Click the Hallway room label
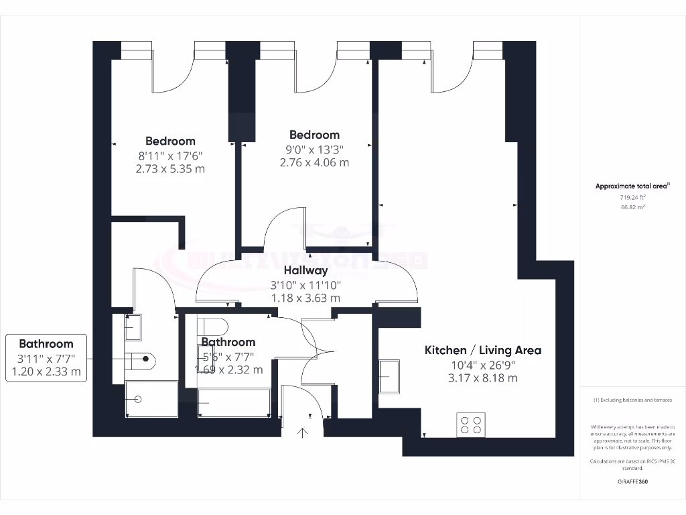[x=305, y=271]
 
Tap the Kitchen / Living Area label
[x=483, y=350]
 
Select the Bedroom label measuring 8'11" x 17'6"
[x=170, y=141]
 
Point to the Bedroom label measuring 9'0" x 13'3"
[x=314, y=135]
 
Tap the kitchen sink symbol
[x=389, y=376]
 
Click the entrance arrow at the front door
[x=302, y=433]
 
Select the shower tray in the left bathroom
[x=151, y=400]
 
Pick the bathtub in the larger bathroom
[x=234, y=402]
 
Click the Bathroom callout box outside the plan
[x=46, y=358]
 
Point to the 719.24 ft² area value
[x=632, y=198]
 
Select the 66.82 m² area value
[x=632, y=208]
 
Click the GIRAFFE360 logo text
[x=632, y=481]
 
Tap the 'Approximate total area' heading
[x=632, y=186]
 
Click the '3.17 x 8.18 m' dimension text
[x=483, y=378]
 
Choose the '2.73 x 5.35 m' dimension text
[x=170, y=169]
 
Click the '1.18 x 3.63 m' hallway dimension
[x=305, y=298]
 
